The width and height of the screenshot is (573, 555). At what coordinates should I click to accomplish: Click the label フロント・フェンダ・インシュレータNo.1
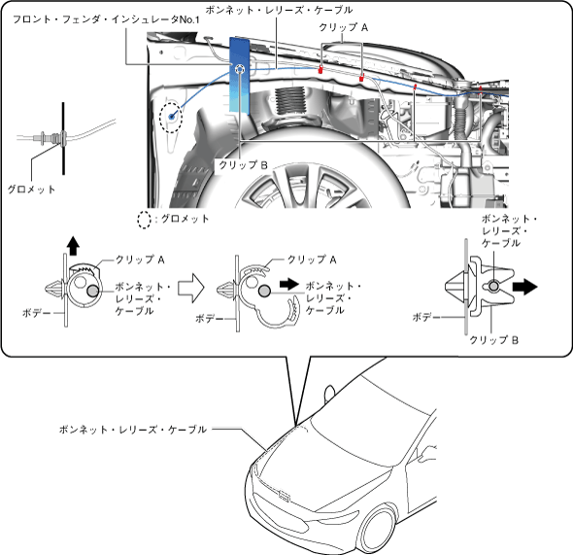click(x=106, y=19)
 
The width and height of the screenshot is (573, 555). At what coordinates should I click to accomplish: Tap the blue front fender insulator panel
click(x=239, y=75)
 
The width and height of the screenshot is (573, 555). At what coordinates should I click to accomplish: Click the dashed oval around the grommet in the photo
click(x=171, y=117)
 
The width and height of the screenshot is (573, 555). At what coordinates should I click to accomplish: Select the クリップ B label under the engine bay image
click(x=243, y=165)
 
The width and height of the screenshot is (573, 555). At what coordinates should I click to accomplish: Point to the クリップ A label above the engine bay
click(x=343, y=27)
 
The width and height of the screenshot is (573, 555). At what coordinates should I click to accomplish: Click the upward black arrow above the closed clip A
click(x=73, y=245)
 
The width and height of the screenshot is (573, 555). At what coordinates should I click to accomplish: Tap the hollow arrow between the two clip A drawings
click(x=190, y=288)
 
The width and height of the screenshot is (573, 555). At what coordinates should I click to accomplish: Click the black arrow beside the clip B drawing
click(x=524, y=287)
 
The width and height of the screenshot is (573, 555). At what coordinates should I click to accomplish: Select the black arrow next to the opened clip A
click(x=289, y=284)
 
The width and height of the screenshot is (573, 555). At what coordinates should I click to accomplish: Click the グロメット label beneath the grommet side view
click(x=31, y=190)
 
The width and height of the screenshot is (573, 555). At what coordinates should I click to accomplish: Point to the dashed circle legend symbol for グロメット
click(x=144, y=220)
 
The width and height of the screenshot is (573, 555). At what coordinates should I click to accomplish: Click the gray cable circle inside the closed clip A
click(x=92, y=291)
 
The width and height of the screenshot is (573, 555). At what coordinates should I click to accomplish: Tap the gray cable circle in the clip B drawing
click(x=493, y=286)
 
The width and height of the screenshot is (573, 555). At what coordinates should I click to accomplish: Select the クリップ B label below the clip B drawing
click(x=493, y=340)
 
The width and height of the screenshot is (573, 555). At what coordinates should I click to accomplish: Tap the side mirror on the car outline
click(x=329, y=394)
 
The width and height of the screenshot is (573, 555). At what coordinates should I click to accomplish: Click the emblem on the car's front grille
click(x=284, y=496)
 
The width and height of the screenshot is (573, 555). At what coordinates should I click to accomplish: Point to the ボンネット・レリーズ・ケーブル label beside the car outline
click(x=133, y=430)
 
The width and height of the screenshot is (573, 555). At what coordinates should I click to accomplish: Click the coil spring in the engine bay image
click(x=290, y=100)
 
